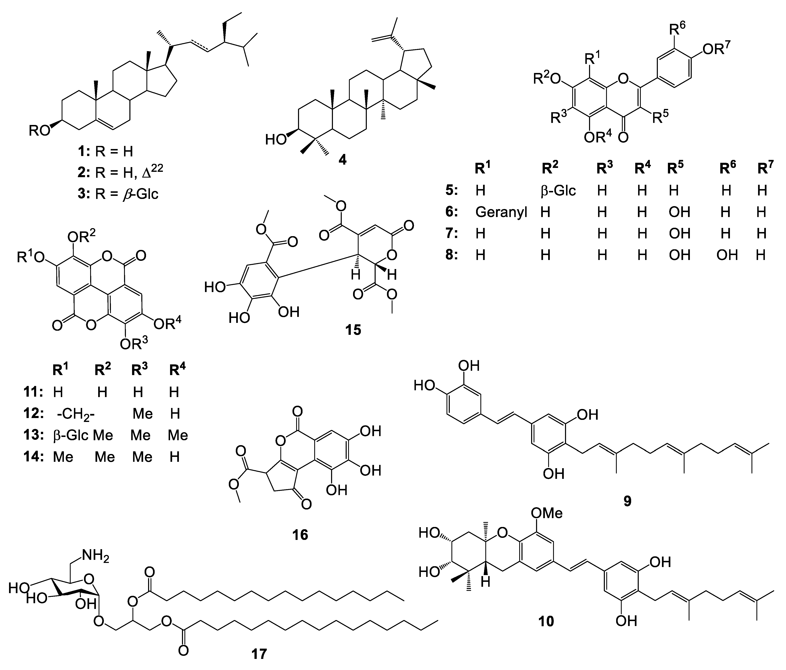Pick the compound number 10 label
(546, 621)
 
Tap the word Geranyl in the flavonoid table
(501, 212)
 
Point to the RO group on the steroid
(40, 131)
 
